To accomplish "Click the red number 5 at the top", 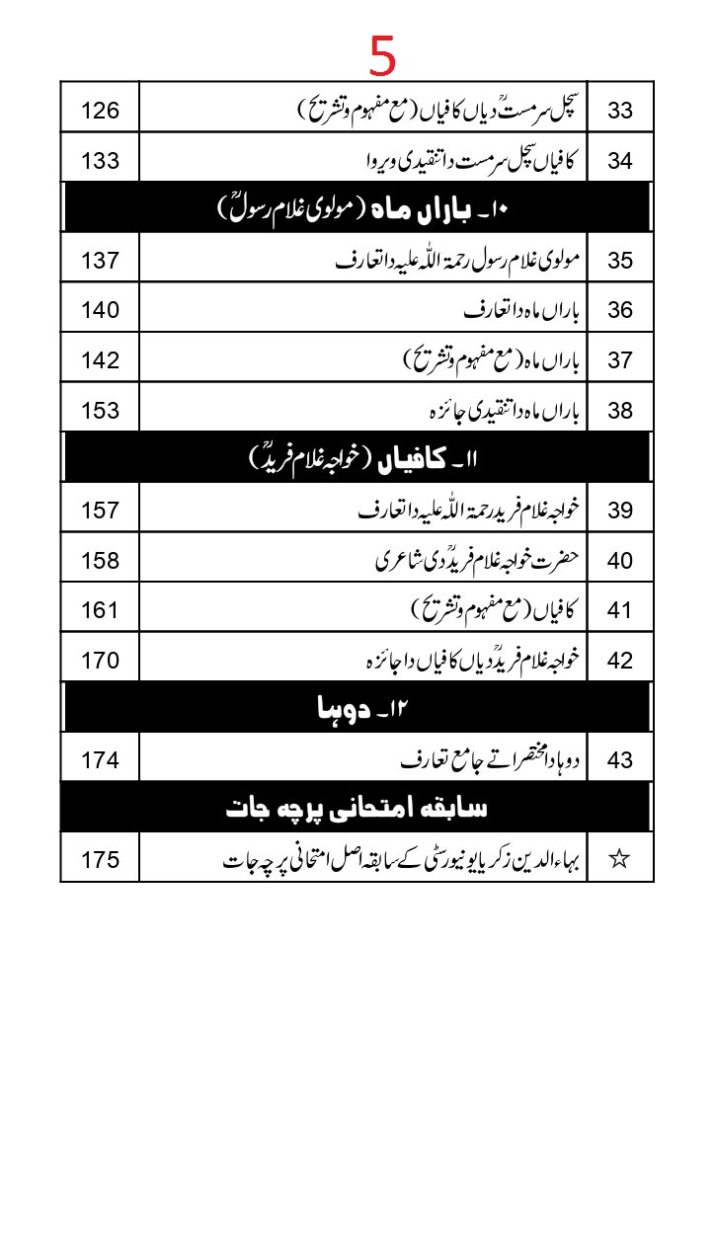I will click(x=383, y=56).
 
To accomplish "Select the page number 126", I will click(x=100, y=110).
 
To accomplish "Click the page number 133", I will click(x=100, y=160).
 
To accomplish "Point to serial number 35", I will click(x=619, y=261).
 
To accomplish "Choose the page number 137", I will click(x=100, y=261).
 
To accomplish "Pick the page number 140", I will click(x=100, y=310).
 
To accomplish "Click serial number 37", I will click(x=619, y=360).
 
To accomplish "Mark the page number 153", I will click(x=100, y=411).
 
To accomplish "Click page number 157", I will click(x=100, y=511).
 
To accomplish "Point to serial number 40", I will click(x=619, y=561).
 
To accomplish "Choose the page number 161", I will click(x=100, y=611).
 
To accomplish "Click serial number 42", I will click(x=619, y=661).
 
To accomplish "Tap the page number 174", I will click(x=100, y=760).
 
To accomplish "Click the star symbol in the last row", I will click(x=619, y=859).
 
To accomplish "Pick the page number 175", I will click(x=100, y=859).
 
